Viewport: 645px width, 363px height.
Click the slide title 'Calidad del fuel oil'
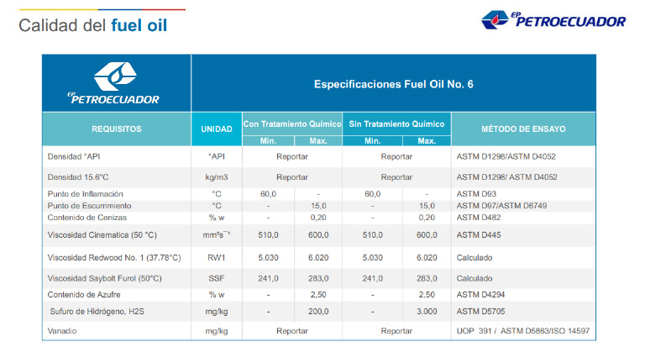click(x=92, y=26)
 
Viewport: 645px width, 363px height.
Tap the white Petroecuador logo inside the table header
click(x=117, y=83)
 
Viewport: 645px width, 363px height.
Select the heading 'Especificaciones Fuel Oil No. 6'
click(x=393, y=85)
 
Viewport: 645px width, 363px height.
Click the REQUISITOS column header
click(x=117, y=129)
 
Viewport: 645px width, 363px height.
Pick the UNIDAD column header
click(x=217, y=129)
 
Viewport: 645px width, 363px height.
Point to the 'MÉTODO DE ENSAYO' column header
click(x=523, y=129)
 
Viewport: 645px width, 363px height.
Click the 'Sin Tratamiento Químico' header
click(x=397, y=124)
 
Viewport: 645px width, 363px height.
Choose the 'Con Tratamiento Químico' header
click(x=292, y=124)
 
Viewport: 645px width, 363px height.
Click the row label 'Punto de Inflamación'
click(x=87, y=194)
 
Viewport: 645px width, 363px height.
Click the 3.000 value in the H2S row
click(x=427, y=311)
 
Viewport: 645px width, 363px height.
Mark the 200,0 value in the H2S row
click(x=318, y=311)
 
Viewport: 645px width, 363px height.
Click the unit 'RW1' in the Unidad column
click(x=217, y=257)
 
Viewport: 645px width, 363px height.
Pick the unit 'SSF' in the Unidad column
click(x=217, y=278)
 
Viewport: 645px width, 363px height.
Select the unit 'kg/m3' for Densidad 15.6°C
click(x=217, y=177)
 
